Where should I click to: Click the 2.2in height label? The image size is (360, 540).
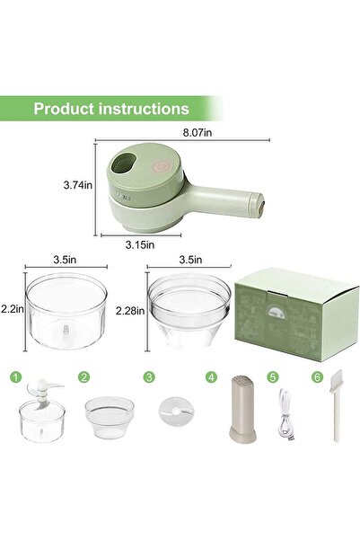coord(11,308)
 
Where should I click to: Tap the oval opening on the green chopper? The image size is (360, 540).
coord(125,164)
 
